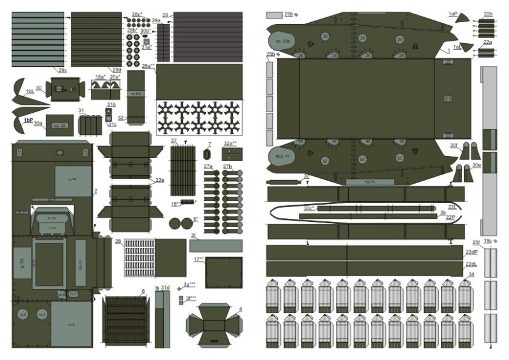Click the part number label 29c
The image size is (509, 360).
(x=63, y=70)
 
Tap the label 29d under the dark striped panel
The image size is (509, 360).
(x=116, y=70)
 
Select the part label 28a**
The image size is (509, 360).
(x=148, y=67)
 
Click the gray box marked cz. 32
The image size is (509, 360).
(x=60, y=125)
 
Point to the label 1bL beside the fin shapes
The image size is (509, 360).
(x=30, y=91)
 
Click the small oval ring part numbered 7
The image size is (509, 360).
(x=209, y=152)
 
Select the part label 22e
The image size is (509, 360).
(x=160, y=180)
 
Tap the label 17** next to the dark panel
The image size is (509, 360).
(x=198, y=260)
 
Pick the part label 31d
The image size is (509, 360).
(x=165, y=287)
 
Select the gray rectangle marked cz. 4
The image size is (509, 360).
(x=22, y=267)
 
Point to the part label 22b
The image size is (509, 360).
(x=488, y=14)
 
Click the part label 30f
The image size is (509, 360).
(x=454, y=145)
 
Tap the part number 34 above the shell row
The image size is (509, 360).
(x=471, y=274)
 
